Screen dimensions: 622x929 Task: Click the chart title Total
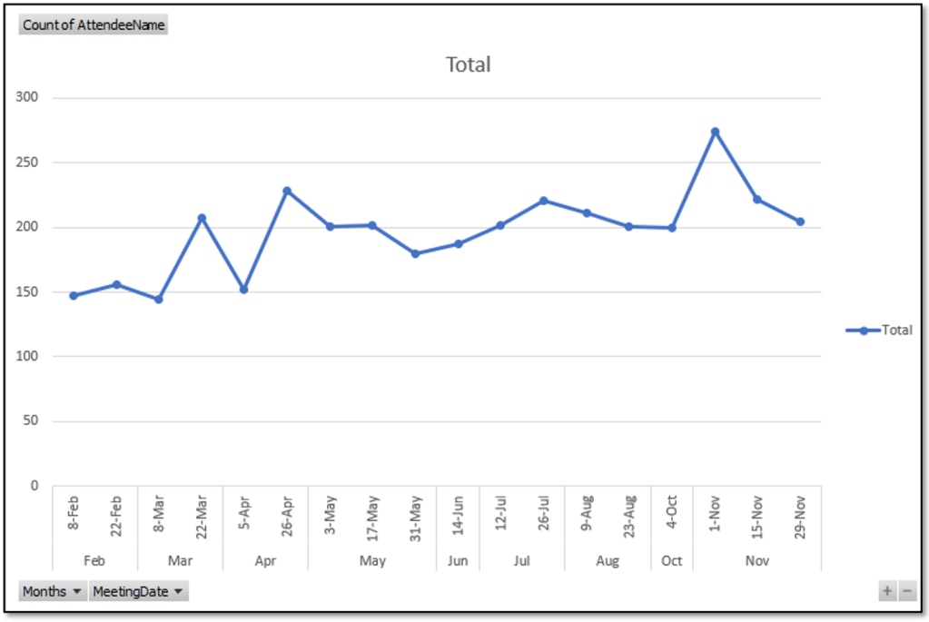pyautogui.click(x=468, y=64)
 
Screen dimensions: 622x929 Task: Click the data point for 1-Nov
pyautogui.click(x=715, y=132)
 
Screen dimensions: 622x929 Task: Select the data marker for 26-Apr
pyautogui.click(x=287, y=191)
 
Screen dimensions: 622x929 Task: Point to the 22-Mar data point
pyautogui.click(x=202, y=218)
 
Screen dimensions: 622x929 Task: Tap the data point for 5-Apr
pyautogui.click(x=243, y=290)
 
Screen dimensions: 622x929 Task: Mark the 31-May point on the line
pyautogui.click(x=415, y=253)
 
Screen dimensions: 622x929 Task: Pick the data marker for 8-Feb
pyautogui.click(x=74, y=295)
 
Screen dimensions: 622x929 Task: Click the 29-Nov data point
pyautogui.click(x=800, y=222)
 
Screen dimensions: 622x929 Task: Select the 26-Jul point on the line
pyautogui.click(x=543, y=201)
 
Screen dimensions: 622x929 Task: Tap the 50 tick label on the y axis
pyautogui.click(x=32, y=420)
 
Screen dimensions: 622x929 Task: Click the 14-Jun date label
pyautogui.click(x=458, y=513)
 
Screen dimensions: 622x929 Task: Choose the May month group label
pyautogui.click(x=372, y=561)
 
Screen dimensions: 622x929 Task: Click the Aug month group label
pyautogui.click(x=608, y=561)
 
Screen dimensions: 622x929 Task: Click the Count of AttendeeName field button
pyautogui.click(x=94, y=25)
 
